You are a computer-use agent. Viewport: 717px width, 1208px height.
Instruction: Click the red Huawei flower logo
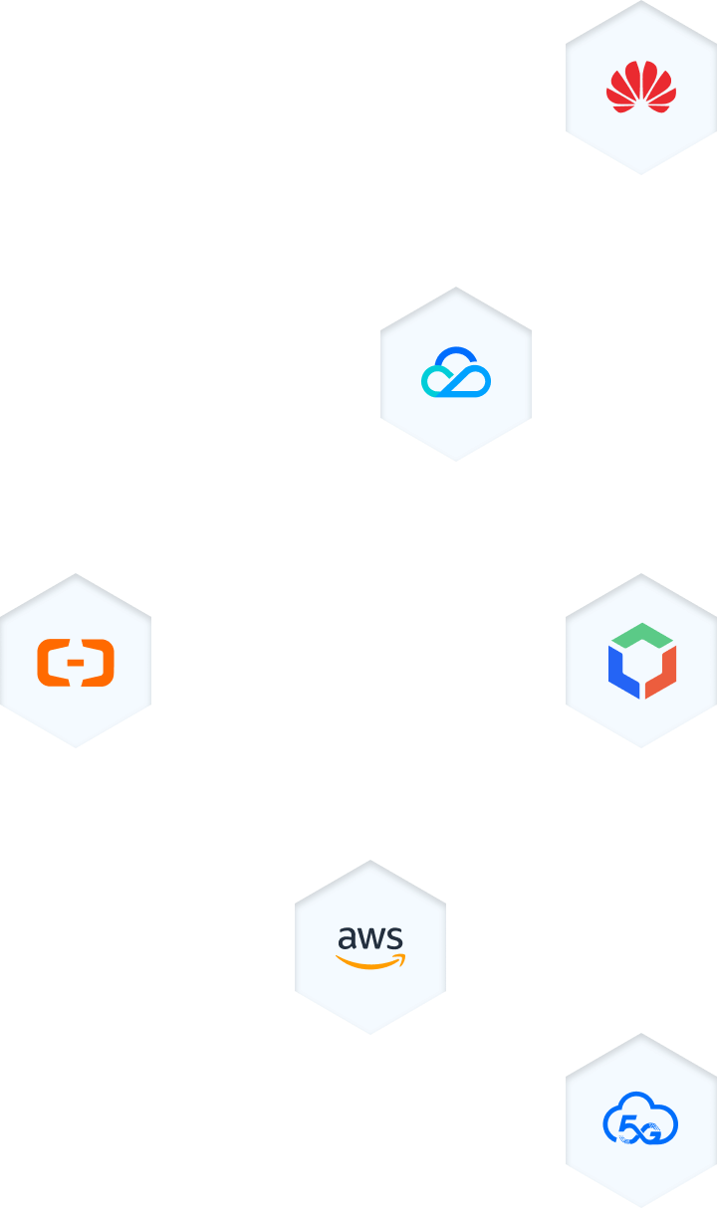(x=641, y=87)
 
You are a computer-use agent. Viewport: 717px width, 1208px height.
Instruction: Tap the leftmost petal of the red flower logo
(x=613, y=96)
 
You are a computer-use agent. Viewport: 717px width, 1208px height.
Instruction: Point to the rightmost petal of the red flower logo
(x=669, y=96)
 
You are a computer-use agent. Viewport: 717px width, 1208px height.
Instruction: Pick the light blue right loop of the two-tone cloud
(x=476, y=382)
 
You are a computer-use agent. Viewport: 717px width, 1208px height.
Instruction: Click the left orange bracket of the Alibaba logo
(x=50, y=663)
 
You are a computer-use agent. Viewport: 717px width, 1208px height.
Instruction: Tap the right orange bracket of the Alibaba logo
(x=102, y=663)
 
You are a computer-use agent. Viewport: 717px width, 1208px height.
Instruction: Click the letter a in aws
(x=349, y=938)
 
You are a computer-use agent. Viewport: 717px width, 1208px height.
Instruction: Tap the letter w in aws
(x=372, y=939)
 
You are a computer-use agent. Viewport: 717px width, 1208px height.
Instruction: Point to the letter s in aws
(x=394, y=938)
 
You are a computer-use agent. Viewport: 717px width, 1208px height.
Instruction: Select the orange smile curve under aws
(x=365, y=963)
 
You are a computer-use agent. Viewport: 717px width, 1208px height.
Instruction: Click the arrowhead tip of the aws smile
(x=401, y=958)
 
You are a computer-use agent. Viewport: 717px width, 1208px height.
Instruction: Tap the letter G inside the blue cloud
(x=650, y=1129)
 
